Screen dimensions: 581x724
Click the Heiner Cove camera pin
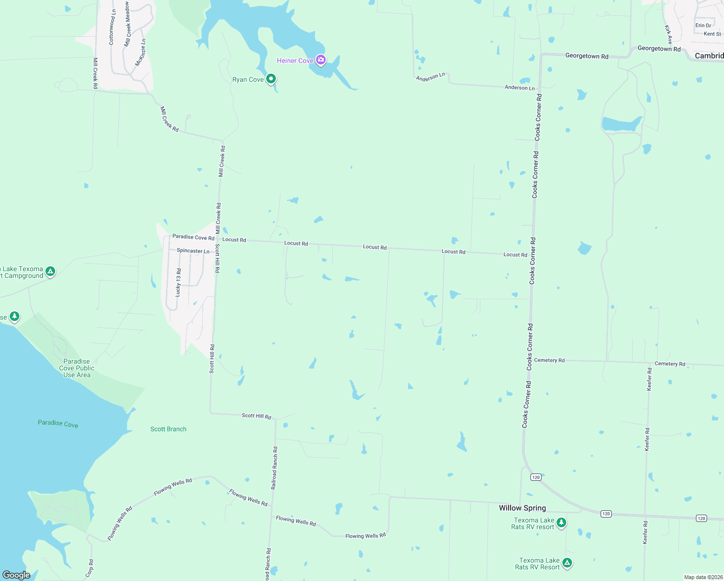[x=320, y=60]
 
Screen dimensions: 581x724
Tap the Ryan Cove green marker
[x=271, y=78]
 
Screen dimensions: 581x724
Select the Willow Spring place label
[x=522, y=508]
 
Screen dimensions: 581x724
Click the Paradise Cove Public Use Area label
[x=77, y=368]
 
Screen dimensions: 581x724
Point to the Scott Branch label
[x=168, y=429]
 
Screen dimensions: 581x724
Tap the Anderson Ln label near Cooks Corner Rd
[x=520, y=88]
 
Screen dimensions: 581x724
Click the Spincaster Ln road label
[x=193, y=251]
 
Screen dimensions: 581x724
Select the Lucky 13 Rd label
[x=179, y=282]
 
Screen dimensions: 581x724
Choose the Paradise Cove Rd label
[x=194, y=237]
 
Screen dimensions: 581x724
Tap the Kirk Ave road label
[x=668, y=34]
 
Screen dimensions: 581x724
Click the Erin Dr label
[x=703, y=26]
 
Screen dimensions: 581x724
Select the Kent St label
[x=712, y=34]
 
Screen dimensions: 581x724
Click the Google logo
[x=16, y=575]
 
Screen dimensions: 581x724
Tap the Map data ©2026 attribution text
[x=703, y=577]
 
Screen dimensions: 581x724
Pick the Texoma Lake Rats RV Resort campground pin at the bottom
[x=567, y=563]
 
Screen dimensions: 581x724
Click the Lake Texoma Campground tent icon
[x=50, y=272]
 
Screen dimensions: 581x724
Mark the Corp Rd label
[x=90, y=568]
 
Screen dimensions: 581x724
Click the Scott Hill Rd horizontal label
[x=256, y=416]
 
